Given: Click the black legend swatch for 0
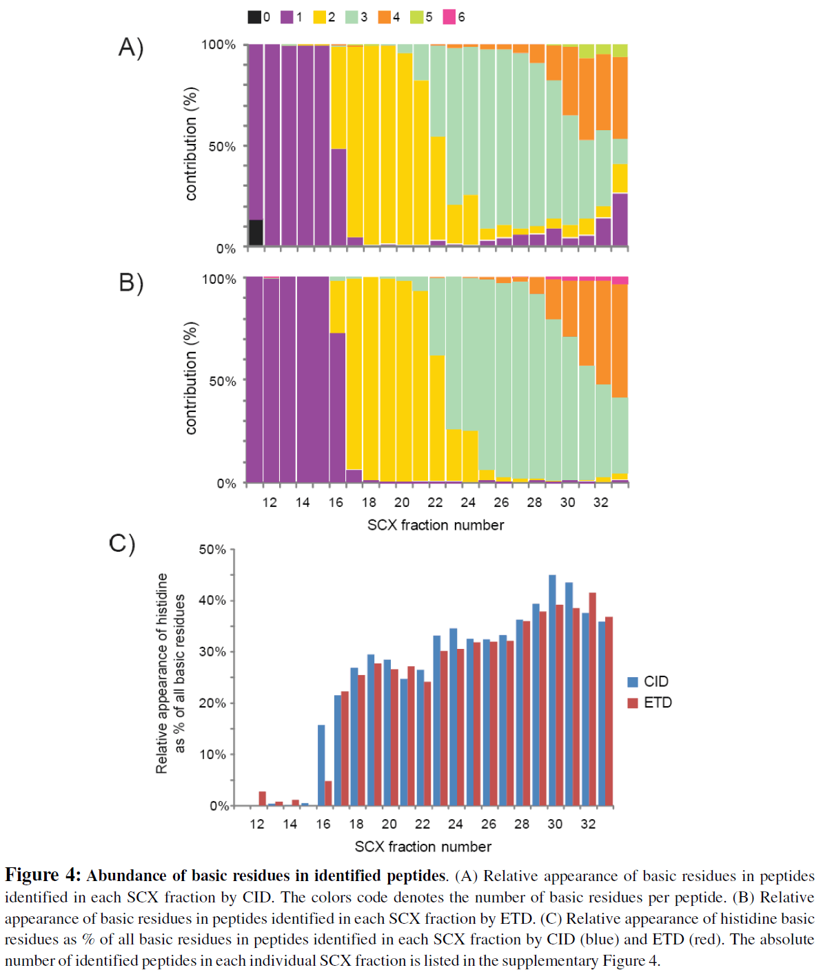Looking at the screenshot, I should pos(254,17).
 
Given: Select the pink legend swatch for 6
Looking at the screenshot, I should pos(449,17).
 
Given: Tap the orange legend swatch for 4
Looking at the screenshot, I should pos(384,17).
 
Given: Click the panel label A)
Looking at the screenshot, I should pos(131,48).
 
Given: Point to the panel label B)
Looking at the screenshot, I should pos(131,282).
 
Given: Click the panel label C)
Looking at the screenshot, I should pos(122,544).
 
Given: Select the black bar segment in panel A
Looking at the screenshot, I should pos(256,232).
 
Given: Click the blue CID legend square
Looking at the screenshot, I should pos(633,682).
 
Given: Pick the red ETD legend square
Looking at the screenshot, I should pos(633,703).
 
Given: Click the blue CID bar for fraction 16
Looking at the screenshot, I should pos(321,765).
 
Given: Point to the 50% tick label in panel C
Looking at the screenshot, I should pos(212,550).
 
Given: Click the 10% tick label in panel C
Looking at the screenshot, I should pos(212,754).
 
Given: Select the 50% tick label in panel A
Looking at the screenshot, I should pos(222,147).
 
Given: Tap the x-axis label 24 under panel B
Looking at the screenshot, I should pos(468,503).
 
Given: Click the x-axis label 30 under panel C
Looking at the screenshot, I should pos(555,825).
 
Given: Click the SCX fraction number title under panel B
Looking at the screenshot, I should pos(436,526).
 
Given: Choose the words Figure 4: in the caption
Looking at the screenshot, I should pos(43,876).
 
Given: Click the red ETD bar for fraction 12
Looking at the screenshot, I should pos(263,798).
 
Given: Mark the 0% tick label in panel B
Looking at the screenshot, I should pos(226,484).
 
